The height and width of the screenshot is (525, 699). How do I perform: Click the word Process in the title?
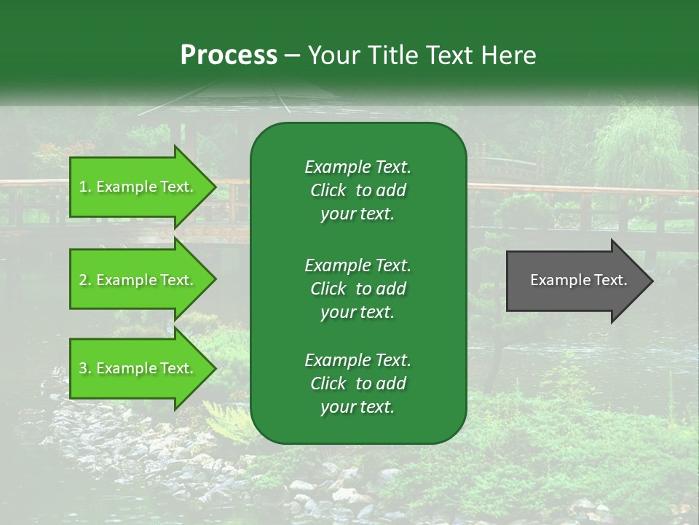[229, 55]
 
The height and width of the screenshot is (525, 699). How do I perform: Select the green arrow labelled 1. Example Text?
[138, 187]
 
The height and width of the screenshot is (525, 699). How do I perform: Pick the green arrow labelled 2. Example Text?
[138, 280]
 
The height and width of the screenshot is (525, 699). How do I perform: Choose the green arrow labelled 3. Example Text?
[138, 368]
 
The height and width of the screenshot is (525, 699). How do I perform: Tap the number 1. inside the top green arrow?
[85, 187]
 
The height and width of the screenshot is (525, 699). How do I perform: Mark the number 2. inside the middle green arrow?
[85, 280]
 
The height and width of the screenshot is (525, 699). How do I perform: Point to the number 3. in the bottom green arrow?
[85, 368]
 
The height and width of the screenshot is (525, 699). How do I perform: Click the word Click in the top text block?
[328, 190]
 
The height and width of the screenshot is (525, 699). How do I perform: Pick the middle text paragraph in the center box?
[358, 289]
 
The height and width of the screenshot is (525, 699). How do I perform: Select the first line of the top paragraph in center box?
[358, 167]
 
